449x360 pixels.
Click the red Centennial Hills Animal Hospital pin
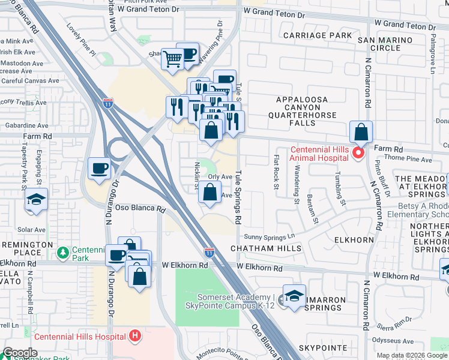click(358, 154)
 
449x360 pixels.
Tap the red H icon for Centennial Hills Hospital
click(135, 335)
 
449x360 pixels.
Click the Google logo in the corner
click(20, 353)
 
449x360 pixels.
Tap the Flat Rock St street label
click(276, 172)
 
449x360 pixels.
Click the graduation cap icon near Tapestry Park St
click(36, 200)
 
